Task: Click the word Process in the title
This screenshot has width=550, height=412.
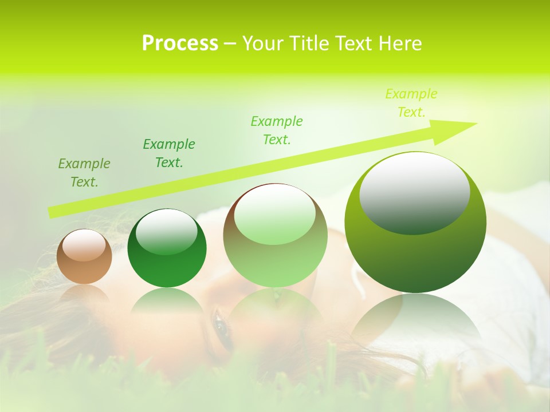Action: click(180, 43)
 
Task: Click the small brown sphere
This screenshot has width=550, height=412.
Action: click(84, 257)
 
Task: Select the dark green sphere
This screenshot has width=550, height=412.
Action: click(167, 248)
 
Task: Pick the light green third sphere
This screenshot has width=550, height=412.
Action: click(275, 235)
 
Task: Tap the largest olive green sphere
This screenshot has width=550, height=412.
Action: click(415, 223)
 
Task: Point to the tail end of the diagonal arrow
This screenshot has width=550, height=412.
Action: click(53, 212)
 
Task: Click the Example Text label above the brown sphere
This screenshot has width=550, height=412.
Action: click(84, 173)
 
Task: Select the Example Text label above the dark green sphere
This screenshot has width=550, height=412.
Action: click(169, 153)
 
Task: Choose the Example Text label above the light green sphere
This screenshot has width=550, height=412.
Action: click(277, 130)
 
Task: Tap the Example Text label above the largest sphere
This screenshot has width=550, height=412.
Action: click(411, 103)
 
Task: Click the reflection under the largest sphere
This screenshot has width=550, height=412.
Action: click(415, 320)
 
